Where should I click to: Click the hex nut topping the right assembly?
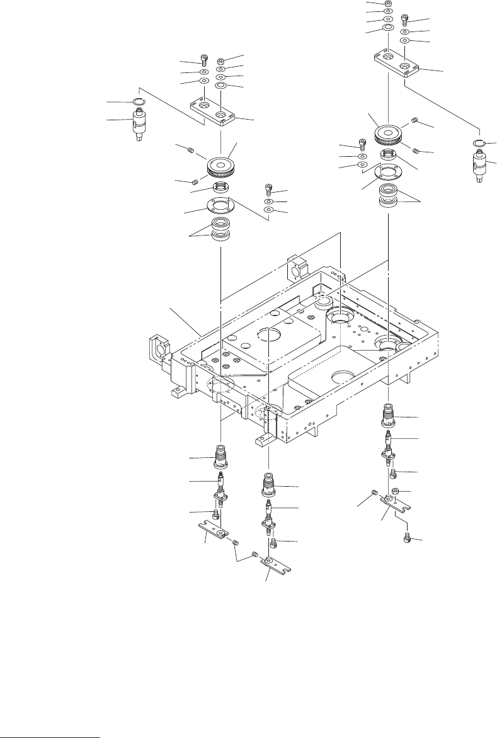tap(388, 4)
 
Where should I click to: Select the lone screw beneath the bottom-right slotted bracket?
tap(407, 538)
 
